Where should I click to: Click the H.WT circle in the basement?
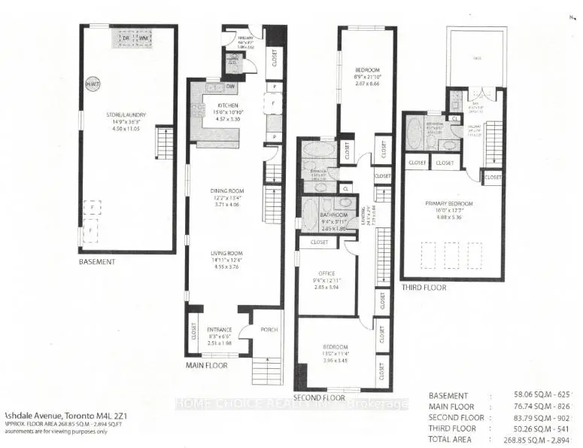pos(93,84)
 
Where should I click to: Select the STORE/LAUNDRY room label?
pos(126,115)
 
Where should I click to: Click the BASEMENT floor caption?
pos(98,262)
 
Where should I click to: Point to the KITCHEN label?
pos(228,105)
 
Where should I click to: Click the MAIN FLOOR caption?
pos(207,366)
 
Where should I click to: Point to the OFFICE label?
pos(326,274)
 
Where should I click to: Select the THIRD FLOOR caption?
pos(423,288)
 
